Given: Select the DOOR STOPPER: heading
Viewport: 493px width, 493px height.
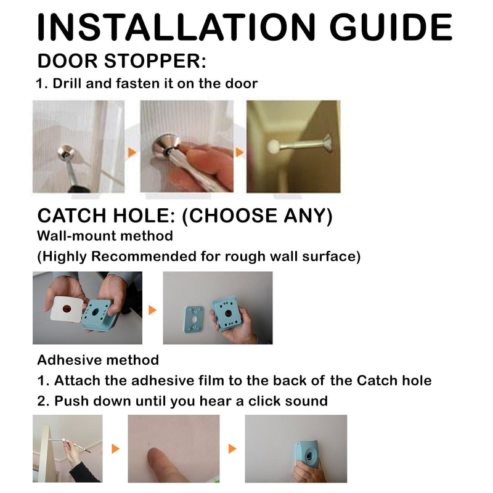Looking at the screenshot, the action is [121, 62].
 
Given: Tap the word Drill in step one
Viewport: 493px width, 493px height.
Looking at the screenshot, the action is [71, 83].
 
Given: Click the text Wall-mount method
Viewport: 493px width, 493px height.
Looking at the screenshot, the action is [105, 236].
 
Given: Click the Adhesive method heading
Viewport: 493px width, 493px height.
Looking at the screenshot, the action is [98, 360].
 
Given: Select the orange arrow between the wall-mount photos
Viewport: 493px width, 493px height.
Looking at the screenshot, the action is [153, 309].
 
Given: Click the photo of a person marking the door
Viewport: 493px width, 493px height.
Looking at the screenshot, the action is [67, 448].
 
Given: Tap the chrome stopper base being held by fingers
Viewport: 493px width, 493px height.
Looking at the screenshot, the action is [168, 143].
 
